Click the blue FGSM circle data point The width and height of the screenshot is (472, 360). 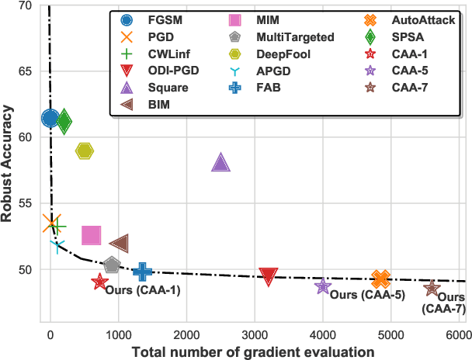(50, 118)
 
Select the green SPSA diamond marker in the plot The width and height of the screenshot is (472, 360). (64, 120)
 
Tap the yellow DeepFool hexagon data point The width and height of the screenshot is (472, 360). (85, 151)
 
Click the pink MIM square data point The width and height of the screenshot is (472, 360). (92, 236)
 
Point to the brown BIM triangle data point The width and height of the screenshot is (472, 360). (119, 244)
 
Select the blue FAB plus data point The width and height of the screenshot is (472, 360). (142, 271)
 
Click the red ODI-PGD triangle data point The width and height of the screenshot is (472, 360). (269, 276)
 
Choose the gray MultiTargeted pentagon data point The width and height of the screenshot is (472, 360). (112, 265)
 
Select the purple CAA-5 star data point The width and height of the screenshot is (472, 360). (323, 286)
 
